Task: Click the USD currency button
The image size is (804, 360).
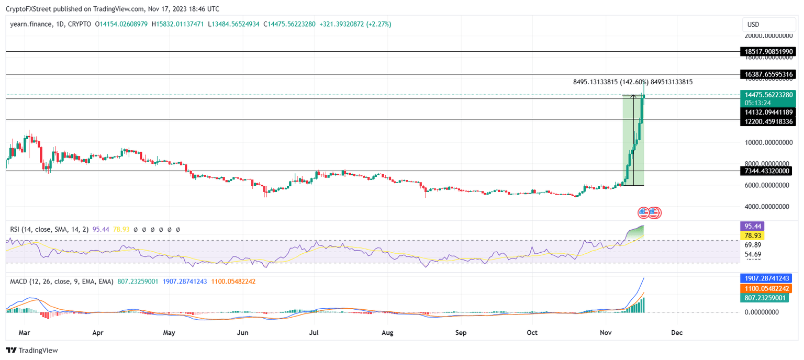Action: coord(753,25)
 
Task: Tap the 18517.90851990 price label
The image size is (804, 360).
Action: coord(768,52)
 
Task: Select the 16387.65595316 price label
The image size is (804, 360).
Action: coord(768,75)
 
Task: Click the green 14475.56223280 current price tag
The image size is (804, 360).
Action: coord(768,95)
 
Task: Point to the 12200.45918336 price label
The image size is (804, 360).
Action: coord(768,122)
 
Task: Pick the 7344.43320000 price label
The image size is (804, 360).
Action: coord(768,171)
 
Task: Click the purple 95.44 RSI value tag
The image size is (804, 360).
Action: coord(752,227)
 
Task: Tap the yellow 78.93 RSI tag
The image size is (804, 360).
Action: coord(752,236)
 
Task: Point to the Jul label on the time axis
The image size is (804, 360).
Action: coord(314,332)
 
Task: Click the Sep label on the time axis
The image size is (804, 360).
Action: coord(461,332)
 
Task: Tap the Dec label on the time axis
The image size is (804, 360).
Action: coord(676,332)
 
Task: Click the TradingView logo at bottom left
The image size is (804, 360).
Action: coord(32,350)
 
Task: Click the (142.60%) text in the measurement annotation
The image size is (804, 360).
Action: coord(634,82)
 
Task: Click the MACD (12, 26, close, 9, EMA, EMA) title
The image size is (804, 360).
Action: coord(62,282)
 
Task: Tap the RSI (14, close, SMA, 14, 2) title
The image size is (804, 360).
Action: coord(49,229)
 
